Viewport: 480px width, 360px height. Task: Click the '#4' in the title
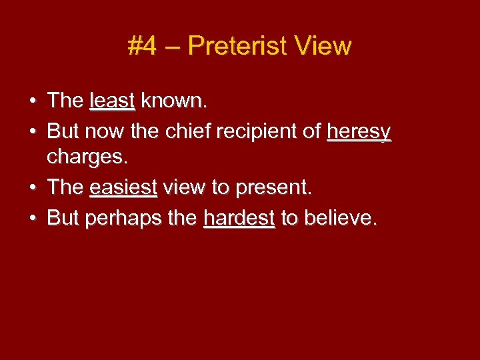click(x=143, y=46)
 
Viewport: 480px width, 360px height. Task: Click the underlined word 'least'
click(x=112, y=101)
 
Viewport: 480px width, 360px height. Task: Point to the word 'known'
click(x=173, y=101)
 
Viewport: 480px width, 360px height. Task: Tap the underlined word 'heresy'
click(x=359, y=132)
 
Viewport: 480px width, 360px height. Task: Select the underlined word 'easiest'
click(x=123, y=188)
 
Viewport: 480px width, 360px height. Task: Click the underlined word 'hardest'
click(x=239, y=218)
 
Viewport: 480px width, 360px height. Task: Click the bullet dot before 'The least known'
click(x=33, y=102)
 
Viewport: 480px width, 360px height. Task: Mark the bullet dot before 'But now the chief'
click(x=33, y=132)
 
